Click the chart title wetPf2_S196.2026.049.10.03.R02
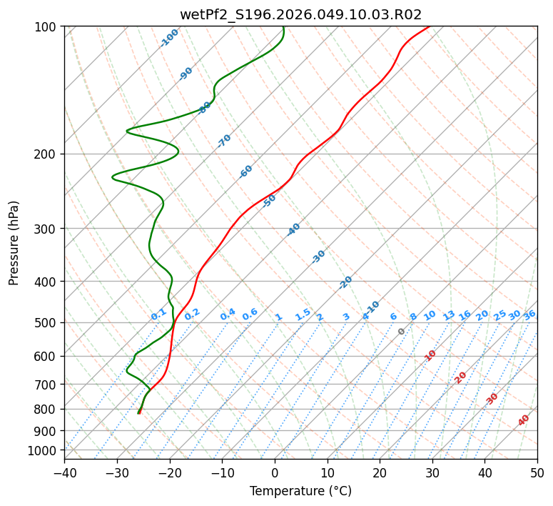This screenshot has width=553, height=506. point(300,14)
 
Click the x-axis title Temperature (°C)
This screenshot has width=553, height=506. point(300,492)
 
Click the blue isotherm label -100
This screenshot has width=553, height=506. point(169,38)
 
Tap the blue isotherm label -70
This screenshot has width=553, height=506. point(224,141)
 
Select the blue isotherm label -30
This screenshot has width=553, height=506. point(318,257)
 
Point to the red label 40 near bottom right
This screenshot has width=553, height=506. point(524,420)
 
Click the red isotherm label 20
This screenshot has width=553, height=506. point(461,377)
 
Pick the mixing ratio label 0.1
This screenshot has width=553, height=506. point(158,314)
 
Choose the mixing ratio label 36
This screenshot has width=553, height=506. point(529,314)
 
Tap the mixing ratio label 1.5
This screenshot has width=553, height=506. point(303,314)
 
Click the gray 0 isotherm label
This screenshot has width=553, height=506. point(402,332)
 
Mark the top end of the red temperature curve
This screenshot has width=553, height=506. point(429,27)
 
